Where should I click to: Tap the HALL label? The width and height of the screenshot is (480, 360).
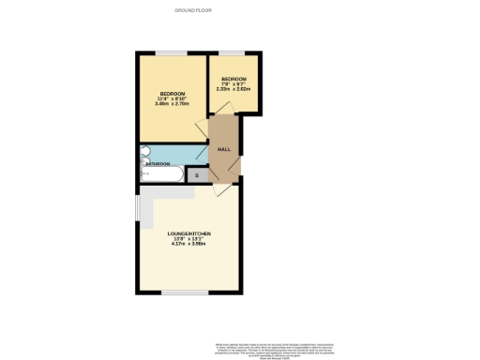tap(224, 149)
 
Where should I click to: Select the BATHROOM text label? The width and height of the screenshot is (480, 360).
tap(157, 164)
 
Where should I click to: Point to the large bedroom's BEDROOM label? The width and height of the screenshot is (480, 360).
tap(172, 94)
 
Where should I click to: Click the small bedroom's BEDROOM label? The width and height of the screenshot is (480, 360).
tap(232, 78)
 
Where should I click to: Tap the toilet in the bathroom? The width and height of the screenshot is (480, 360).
tap(144, 151)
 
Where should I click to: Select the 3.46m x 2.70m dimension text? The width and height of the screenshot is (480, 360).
tap(172, 104)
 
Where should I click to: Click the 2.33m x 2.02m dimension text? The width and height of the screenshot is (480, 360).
tap(232, 89)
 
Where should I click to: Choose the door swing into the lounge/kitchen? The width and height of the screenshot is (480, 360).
tap(219, 190)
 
